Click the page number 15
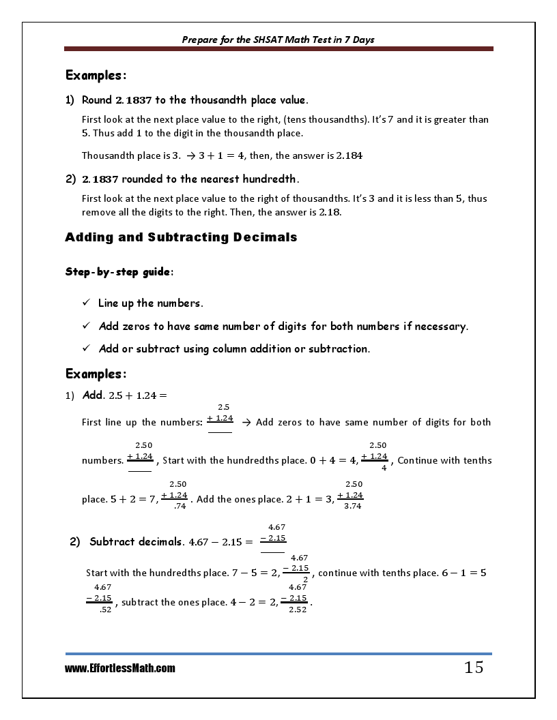(473, 667)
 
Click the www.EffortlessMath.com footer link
(120, 668)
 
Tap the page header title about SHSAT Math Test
(278, 40)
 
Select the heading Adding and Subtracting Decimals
(181, 237)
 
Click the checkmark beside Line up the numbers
(86, 303)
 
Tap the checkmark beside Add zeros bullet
(86, 326)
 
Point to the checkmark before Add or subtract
(86, 348)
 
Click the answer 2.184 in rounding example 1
(349, 155)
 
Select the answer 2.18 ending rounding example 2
(330, 212)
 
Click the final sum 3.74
(353, 506)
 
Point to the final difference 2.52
(298, 609)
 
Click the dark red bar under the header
(278, 49)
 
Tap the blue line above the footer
(278, 654)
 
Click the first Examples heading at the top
(96, 75)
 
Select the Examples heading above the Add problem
(96, 374)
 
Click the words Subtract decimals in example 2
(136, 542)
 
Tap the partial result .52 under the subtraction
(105, 609)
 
